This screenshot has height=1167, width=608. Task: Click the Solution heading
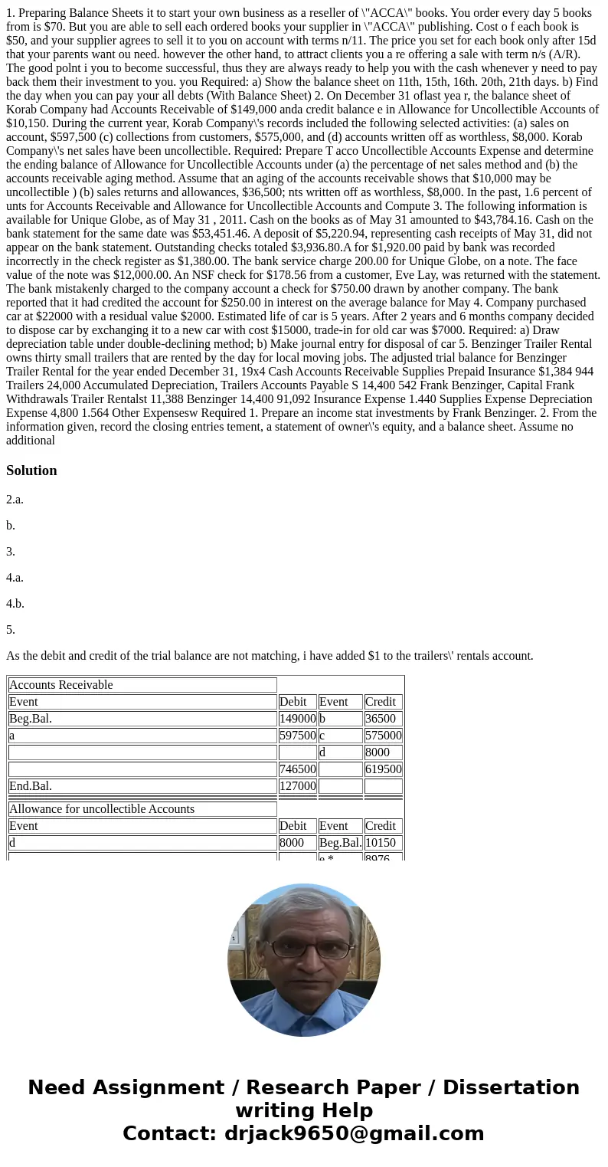click(31, 470)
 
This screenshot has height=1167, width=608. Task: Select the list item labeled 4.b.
click(15, 604)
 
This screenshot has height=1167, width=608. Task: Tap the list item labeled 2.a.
click(15, 500)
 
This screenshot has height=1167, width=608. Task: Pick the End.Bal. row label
click(31, 786)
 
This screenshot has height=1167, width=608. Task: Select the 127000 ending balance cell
click(297, 786)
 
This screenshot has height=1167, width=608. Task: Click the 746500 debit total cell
click(297, 769)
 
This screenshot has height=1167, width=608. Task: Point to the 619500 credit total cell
click(383, 769)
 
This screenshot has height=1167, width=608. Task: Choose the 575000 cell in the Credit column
click(383, 736)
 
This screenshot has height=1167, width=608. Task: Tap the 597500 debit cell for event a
click(297, 736)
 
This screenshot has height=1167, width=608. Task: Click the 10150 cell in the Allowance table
click(383, 843)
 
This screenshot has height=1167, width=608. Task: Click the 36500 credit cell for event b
click(383, 719)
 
